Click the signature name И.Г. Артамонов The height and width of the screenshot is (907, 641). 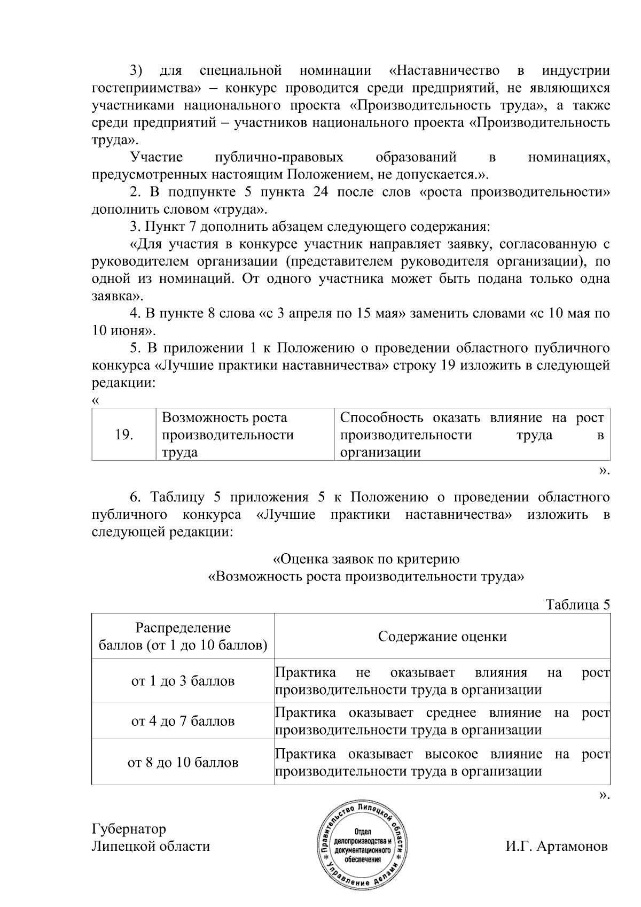tap(556, 847)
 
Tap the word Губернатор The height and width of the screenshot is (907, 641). tap(129, 829)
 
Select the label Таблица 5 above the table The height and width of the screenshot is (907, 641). tap(577, 604)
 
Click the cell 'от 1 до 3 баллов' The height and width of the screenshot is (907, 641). tap(183, 681)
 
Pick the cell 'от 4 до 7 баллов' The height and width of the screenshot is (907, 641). tap(183, 722)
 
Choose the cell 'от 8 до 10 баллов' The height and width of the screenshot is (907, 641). tap(183, 763)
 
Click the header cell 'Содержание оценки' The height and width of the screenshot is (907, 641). tap(442, 637)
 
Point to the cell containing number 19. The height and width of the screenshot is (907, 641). tap(124, 435)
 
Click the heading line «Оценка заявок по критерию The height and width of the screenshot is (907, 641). tap(366, 560)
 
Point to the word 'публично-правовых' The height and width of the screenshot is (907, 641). tap(278, 157)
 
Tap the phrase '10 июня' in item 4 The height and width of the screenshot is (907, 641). tap(118, 330)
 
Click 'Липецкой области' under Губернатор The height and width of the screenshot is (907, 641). tap(151, 847)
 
